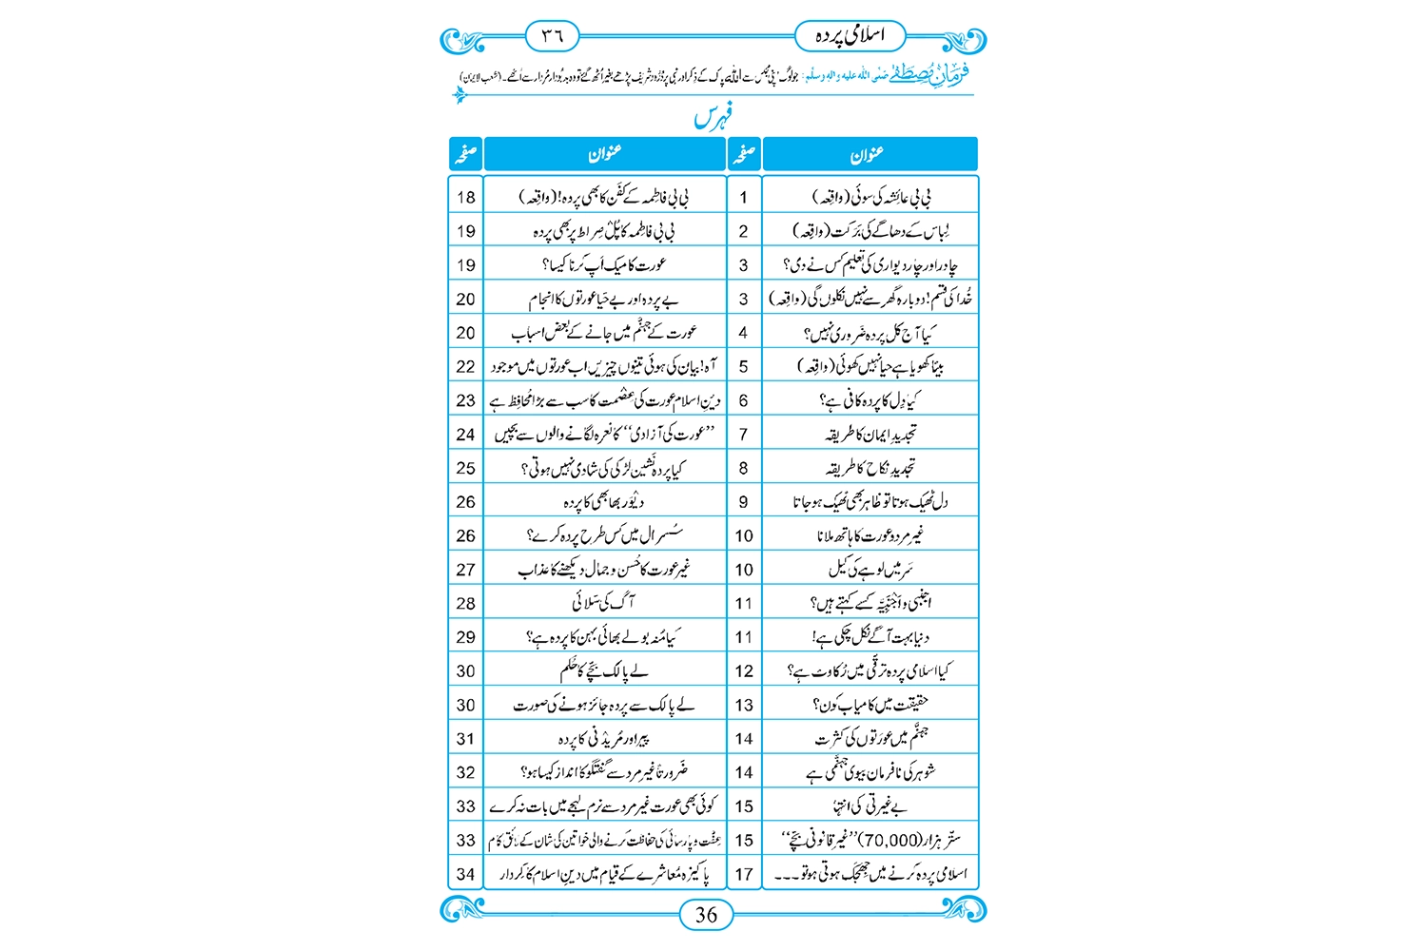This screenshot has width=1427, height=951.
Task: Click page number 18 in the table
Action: click(x=465, y=198)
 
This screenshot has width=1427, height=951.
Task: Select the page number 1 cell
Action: click(x=743, y=198)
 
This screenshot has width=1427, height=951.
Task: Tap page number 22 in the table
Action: click(x=465, y=367)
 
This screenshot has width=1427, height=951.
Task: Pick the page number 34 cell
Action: click(x=465, y=874)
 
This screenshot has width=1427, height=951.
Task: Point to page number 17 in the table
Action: click(x=743, y=874)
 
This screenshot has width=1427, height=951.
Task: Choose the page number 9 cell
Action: click(x=743, y=502)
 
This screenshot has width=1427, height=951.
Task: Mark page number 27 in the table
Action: click(x=465, y=570)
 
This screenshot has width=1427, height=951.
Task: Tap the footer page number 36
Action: click(x=706, y=915)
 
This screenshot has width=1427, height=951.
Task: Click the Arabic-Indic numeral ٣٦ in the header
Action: click(x=553, y=36)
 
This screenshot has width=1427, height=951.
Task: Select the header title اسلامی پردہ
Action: click(x=850, y=36)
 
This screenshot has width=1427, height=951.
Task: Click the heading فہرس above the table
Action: click(x=713, y=118)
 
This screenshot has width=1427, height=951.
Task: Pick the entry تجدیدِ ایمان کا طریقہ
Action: click(x=870, y=435)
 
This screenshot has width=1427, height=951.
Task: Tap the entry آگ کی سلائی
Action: click(x=604, y=603)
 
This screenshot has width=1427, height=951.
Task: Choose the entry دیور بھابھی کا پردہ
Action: click(x=604, y=502)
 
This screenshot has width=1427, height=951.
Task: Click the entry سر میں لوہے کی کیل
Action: click(x=870, y=570)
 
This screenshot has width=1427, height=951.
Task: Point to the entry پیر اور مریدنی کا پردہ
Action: click(x=604, y=739)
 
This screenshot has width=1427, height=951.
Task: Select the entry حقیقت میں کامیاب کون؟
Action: click(x=870, y=705)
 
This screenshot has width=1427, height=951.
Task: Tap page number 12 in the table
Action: click(x=743, y=671)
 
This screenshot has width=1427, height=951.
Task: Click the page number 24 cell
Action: click(x=465, y=435)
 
